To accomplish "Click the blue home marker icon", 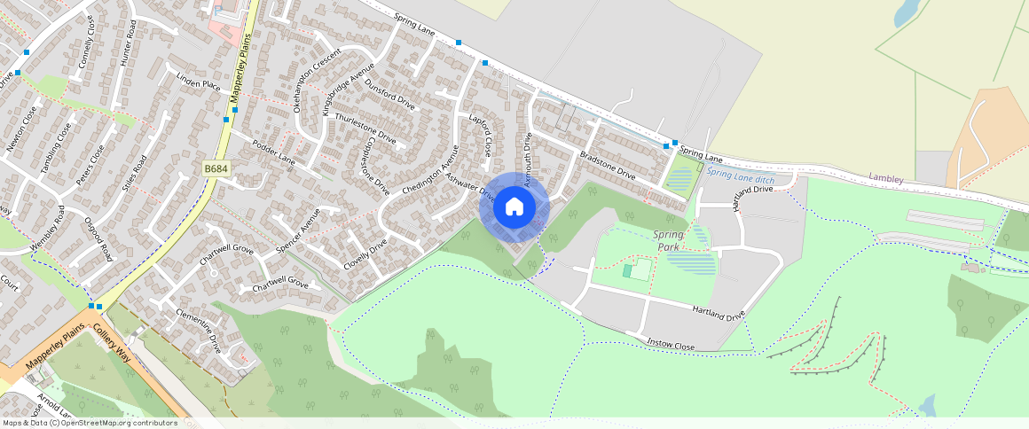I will tap(514, 207).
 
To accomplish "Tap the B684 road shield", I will tap(215, 168).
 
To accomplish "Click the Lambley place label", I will tap(885, 179).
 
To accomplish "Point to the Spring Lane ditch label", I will tap(741, 176).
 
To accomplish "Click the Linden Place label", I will tap(199, 83).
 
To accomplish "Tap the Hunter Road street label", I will tap(125, 46).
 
